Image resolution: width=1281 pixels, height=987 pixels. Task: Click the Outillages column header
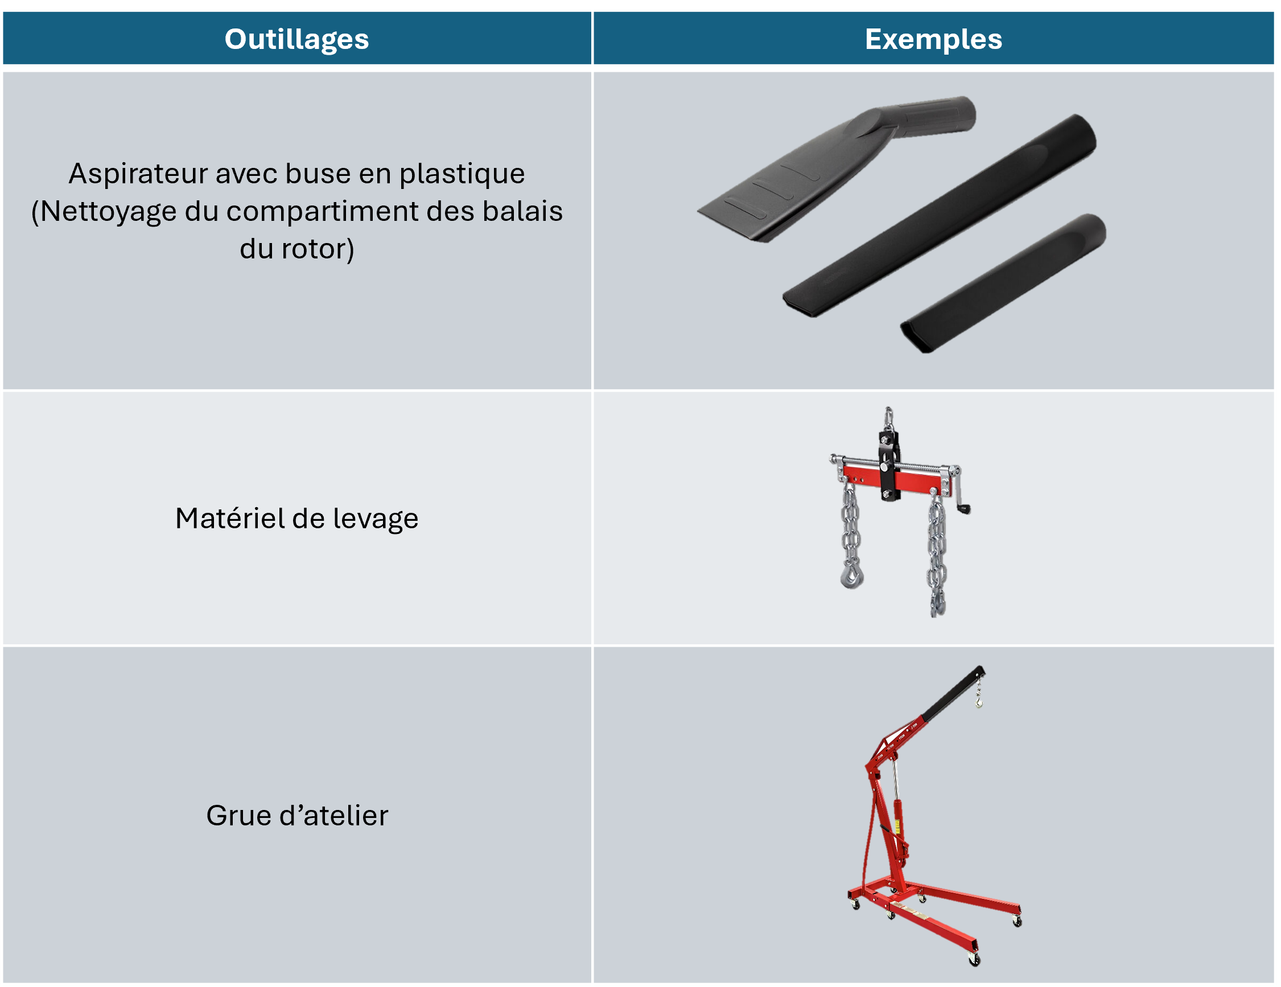[297, 39]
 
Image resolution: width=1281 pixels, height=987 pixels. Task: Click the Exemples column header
[933, 39]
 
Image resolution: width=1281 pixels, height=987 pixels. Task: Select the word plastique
[462, 174]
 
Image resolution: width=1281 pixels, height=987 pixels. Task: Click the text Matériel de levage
[297, 519]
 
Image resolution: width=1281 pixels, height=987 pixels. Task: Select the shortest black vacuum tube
[1003, 283]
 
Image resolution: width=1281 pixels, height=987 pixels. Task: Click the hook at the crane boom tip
[979, 701]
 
